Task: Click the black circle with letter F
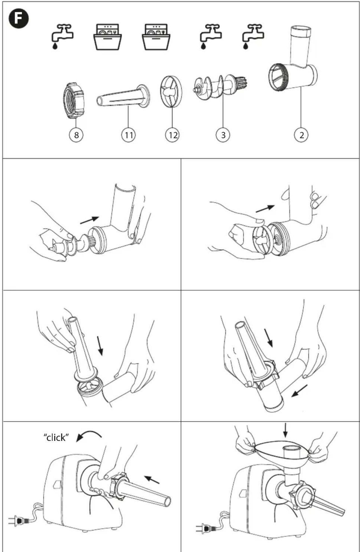[18, 18]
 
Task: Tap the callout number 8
[76, 135]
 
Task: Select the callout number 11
[128, 135]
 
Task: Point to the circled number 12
[173, 135]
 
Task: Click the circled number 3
[223, 135]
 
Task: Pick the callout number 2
[301, 135]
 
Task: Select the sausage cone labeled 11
[123, 96]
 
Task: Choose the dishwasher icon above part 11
[107, 37]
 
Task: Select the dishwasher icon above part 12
[156, 37]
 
